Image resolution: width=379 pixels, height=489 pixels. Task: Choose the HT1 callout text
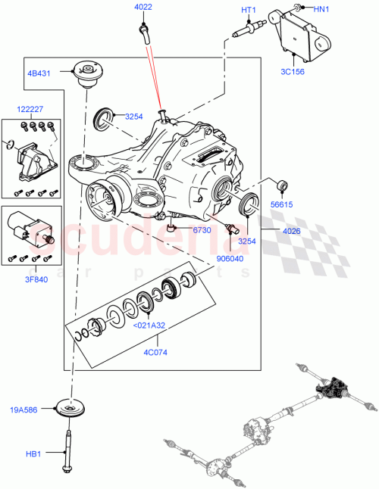tap(249, 10)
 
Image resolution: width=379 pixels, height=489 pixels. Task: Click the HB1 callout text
tap(33, 454)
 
